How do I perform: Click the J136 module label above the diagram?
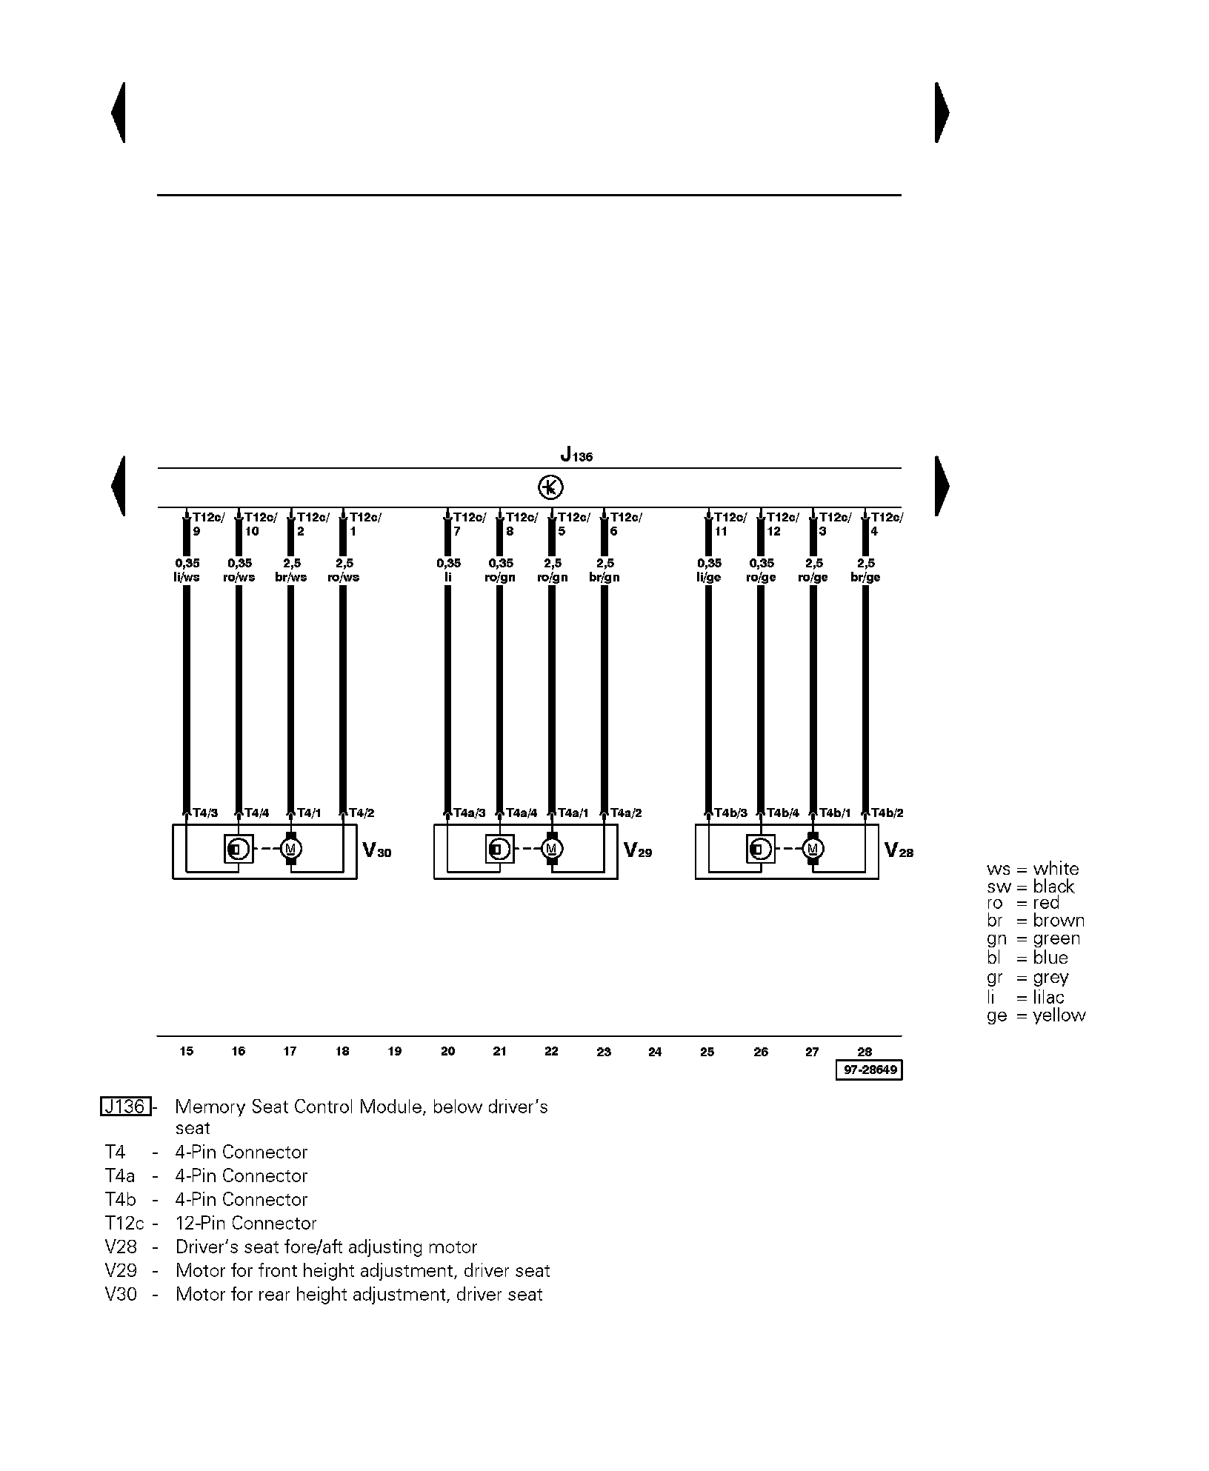(x=576, y=454)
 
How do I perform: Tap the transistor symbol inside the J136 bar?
(x=550, y=487)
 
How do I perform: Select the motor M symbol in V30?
(x=290, y=849)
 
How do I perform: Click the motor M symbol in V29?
(x=551, y=849)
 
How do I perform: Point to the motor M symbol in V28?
(x=813, y=849)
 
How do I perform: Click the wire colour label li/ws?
(x=187, y=578)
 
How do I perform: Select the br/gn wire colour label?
(x=604, y=578)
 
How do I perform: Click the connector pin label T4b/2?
(x=887, y=813)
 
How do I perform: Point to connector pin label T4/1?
(x=309, y=813)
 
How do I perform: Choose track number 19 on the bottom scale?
(x=395, y=1051)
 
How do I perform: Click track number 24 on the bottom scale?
(x=655, y=1051)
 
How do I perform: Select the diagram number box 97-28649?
(x=869, y=1070)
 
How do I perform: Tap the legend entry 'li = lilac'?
(x=1025, y=997)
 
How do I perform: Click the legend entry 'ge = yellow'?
(x=1036, y=1015)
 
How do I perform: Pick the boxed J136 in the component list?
(x=126, y=1107)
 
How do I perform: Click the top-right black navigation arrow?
(x=942, y=113)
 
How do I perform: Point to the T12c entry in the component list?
(x=124, y=1223)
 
